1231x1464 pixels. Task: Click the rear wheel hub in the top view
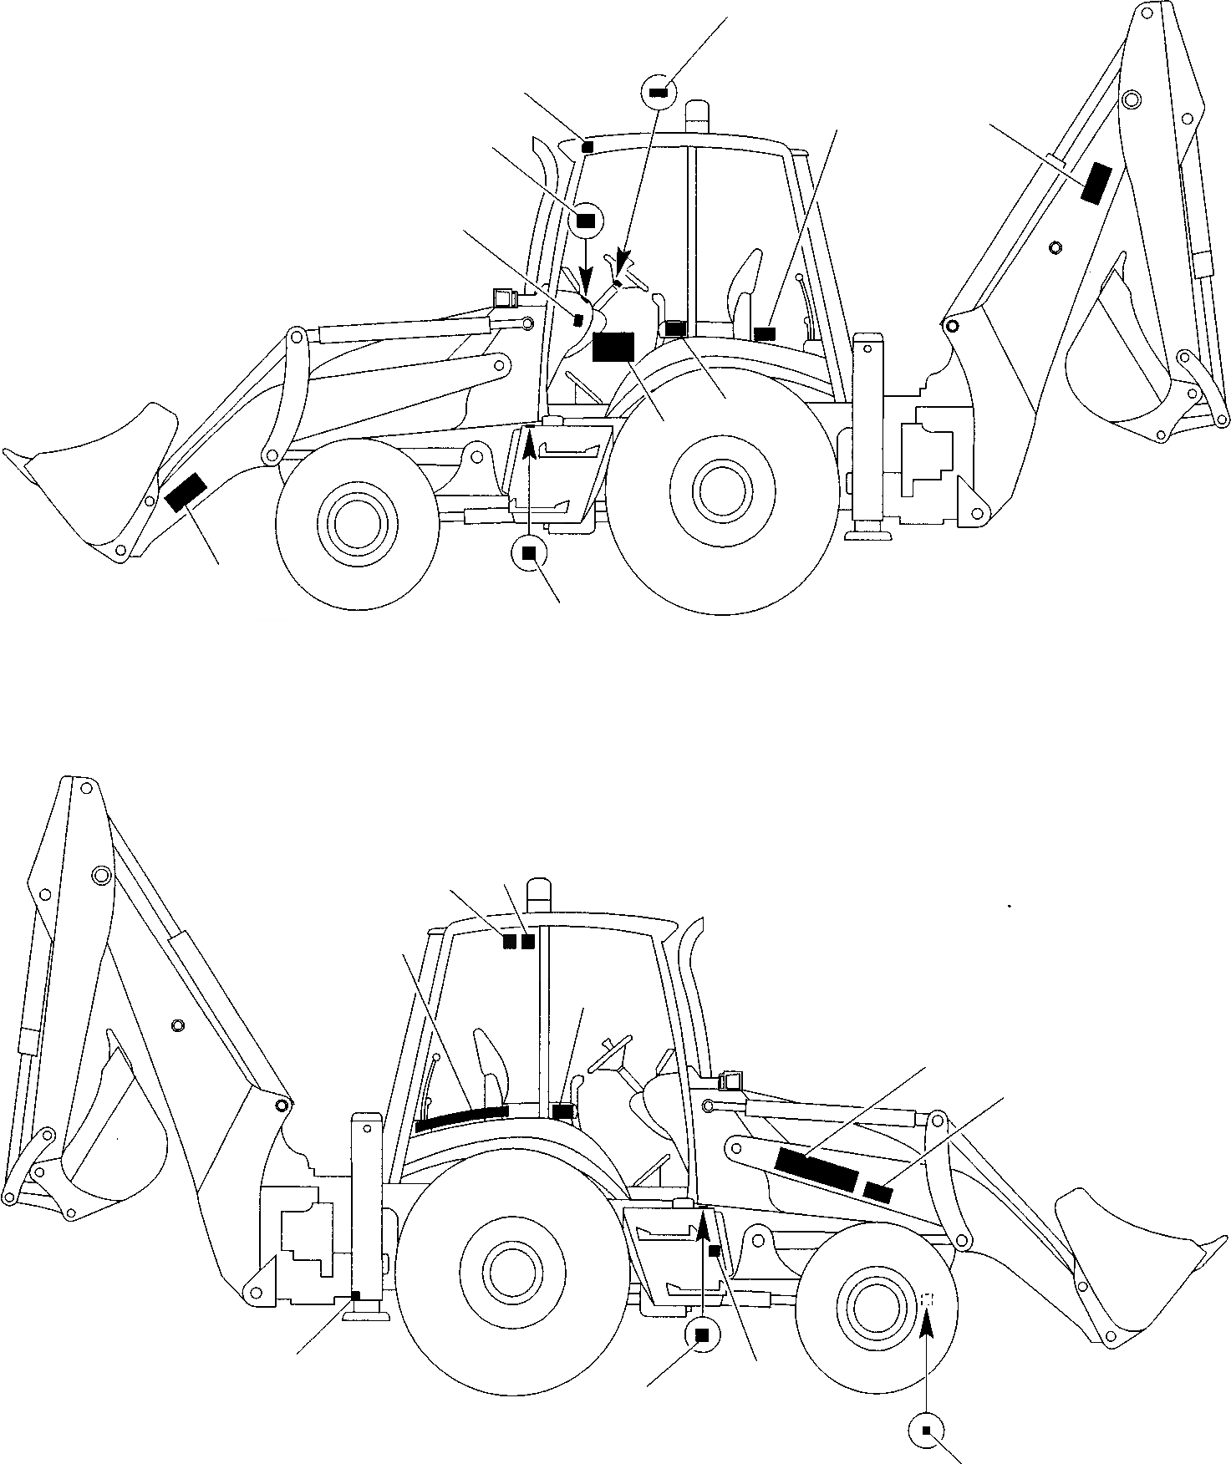click(720, 491)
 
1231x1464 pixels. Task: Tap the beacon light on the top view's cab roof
click(697, 115)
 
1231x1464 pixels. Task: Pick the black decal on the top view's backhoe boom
click(1095, 182)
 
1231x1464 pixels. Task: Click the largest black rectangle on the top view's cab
click(613, 347)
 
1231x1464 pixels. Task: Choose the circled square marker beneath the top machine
click(528, 552)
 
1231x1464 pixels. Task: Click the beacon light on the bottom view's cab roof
click(540, 896)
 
